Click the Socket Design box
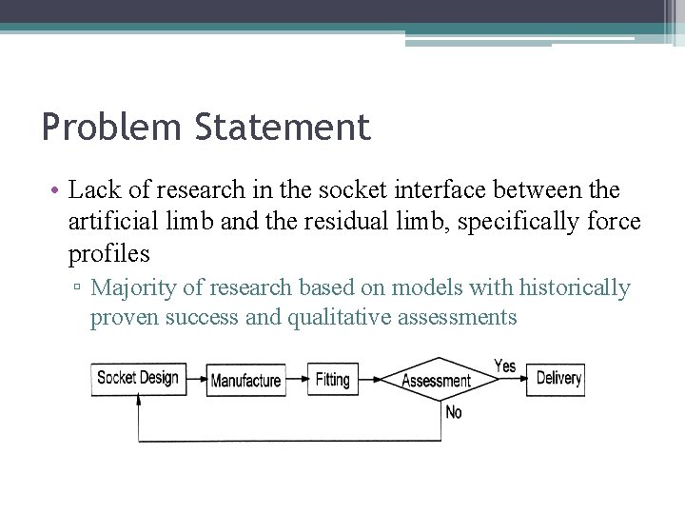pyautogui.click(x=138, y=378)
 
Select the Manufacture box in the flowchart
pyautogui.click(x=245, y=380)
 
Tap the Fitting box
pyautogui.click(x=332, y=379)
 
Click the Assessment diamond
pyautogui.click(x=437, y=380)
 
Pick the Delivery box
pyautogui.click(x=558, y=378)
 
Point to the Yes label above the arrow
pyautogui.click(x=504, y=366)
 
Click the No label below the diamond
pyautogui.click(x=454, y=412)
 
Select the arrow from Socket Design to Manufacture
pyautogui.click(x=197, y=379)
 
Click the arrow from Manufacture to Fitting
pyautogui.click(x=296, y=379)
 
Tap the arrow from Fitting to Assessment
pyautogui.click(x=369, y=379)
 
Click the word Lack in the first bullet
pyautogui.click(x=92, y=190)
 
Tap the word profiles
pyautogui.click(x=109, y=254)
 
